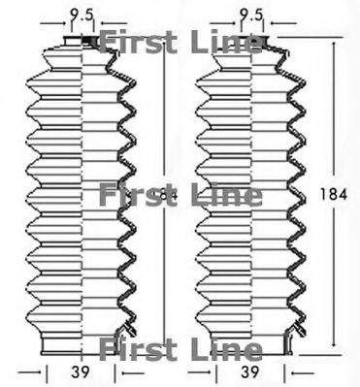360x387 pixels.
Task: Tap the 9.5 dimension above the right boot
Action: click(x=251, y=14)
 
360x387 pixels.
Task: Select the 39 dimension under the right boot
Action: click(x=249, y=372)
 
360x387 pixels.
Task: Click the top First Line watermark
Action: click(x=180, y=42)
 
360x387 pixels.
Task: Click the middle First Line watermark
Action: click(x=180, y=196)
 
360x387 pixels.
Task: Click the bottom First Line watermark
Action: click(x=180, y=347)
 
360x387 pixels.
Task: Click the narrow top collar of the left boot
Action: click(x=82, y=42)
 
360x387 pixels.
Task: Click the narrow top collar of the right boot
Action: click(x=250, y=42)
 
